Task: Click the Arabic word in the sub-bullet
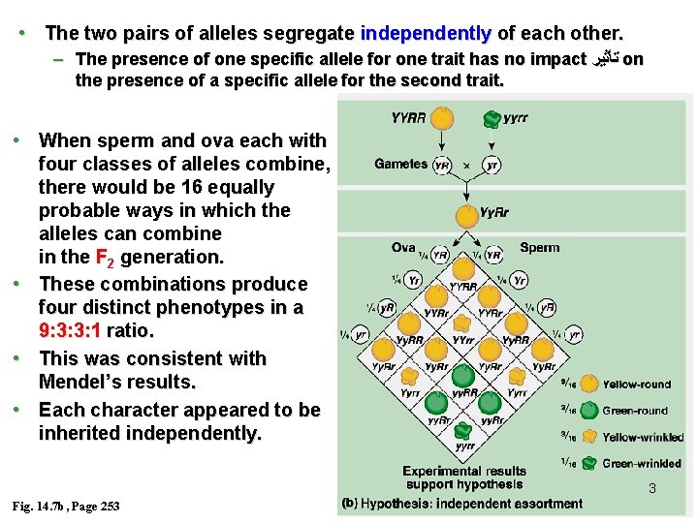click(604, 60)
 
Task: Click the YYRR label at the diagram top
click(408, 117)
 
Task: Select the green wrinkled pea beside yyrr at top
click(492, 118)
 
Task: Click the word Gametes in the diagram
click(400, 165)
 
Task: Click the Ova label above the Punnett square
click(404, 248)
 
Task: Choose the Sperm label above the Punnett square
click(539, 248)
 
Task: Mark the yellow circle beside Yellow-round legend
click(588, 384)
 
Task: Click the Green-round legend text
click(635, 411)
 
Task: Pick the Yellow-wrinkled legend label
click(643, 437)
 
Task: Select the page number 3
click(651, 488)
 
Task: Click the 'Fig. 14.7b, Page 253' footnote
click(66, 507)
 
